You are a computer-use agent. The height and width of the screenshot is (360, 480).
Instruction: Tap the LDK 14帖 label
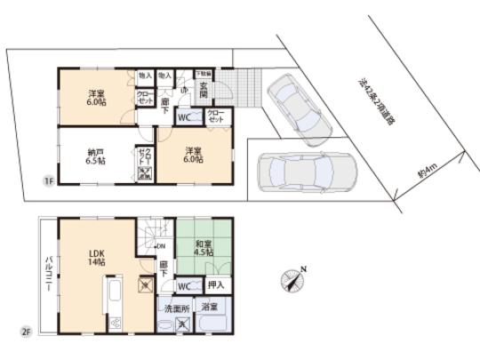click(x=97, y=259)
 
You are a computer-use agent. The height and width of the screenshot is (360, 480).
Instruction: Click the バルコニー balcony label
click(x=47, y=276)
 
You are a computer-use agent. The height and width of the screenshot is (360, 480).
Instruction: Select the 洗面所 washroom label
click(x=176, y=308)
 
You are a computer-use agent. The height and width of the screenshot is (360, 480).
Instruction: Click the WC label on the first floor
click(x=186, y=116)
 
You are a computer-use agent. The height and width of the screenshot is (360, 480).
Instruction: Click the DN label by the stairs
click(x=161, y=246)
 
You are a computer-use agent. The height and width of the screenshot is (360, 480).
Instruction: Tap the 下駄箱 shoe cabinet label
click(x=204, y=75)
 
